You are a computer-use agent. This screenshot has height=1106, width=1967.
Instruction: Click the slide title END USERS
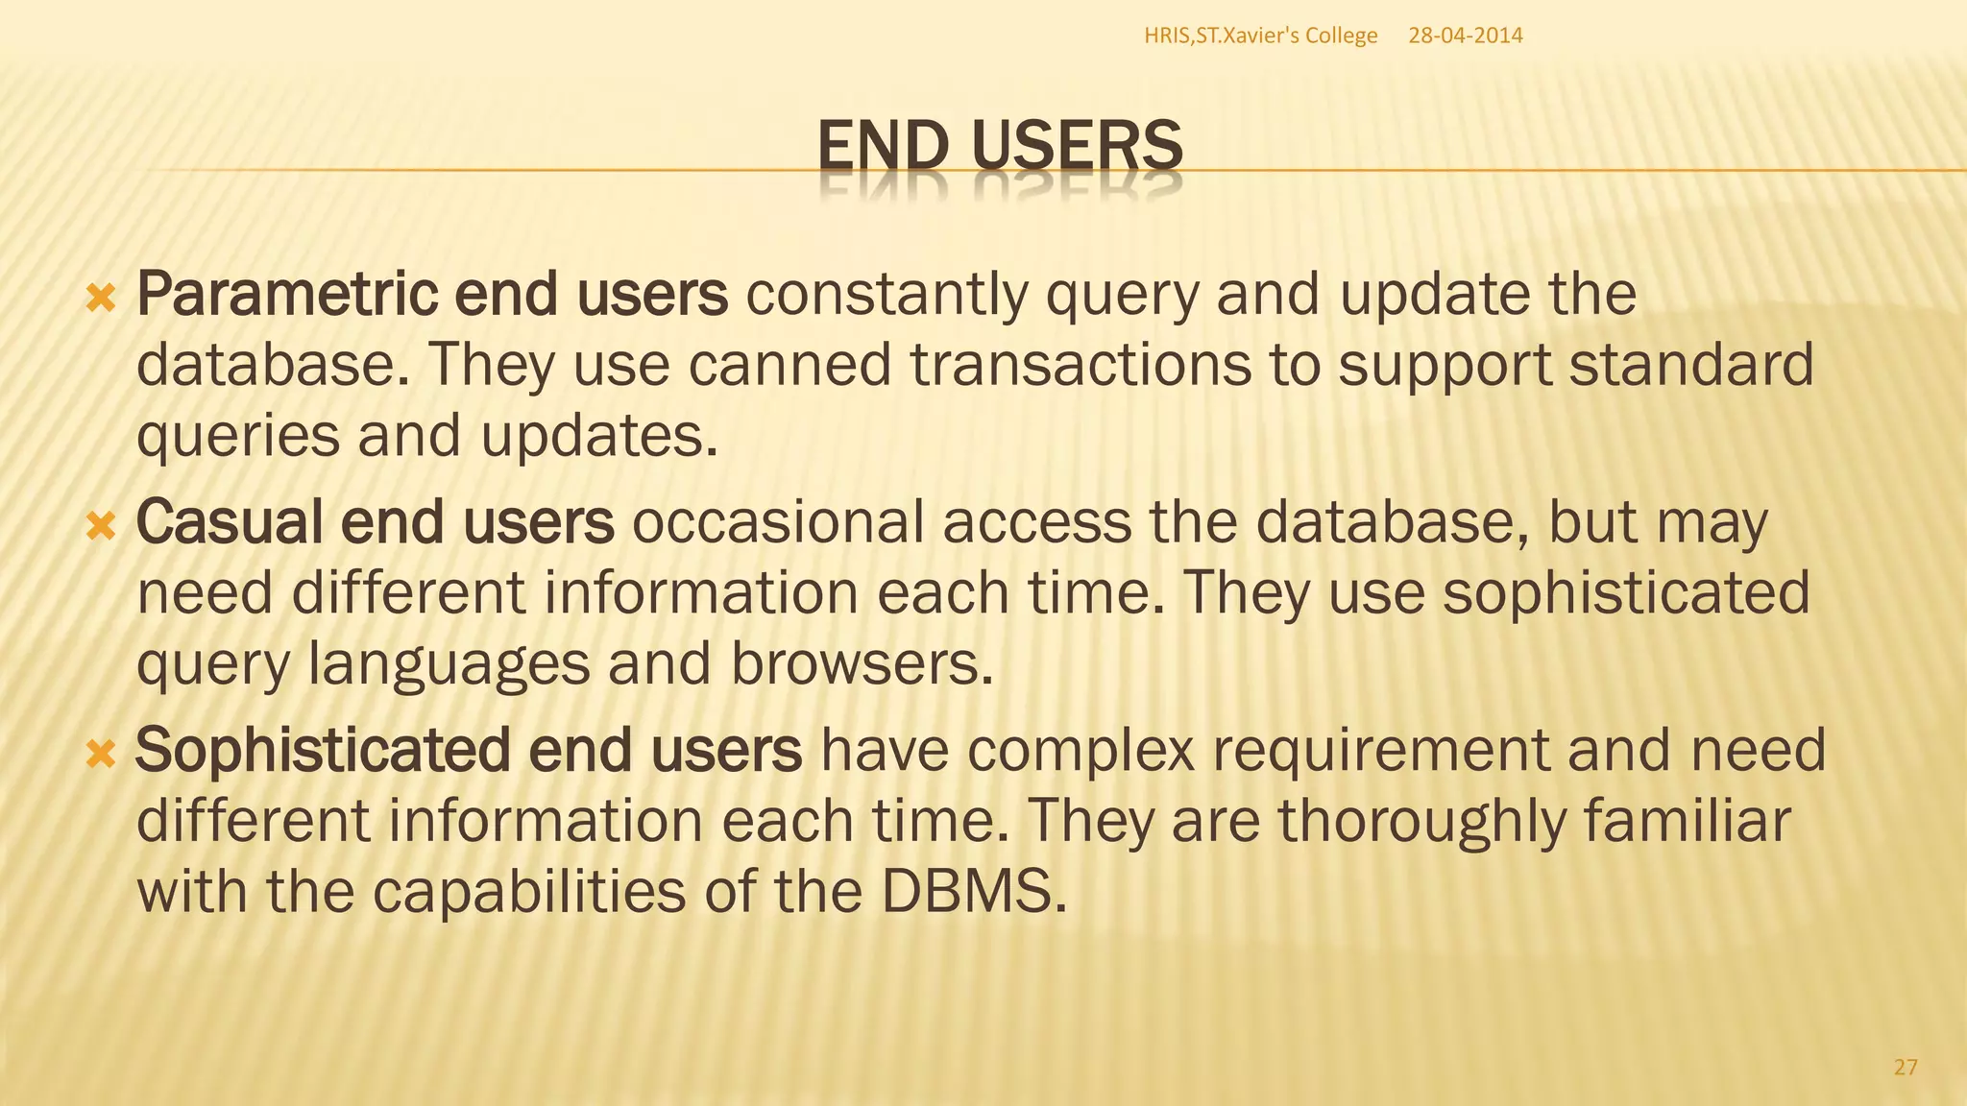click(x=999, y=147)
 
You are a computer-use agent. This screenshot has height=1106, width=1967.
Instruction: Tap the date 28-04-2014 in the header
click(x=1465, y=36)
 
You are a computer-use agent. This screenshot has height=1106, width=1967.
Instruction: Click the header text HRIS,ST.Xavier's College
click(x=1260, y=36)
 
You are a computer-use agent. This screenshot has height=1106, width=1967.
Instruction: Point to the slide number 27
click(x=1906, y=1067)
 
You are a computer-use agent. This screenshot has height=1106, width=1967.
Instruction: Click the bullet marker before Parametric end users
click(x=100, y=299)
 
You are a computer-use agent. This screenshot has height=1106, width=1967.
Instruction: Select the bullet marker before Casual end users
click(x=100, y=525)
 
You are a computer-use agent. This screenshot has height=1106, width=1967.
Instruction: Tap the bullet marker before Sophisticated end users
click(x=100, y=754)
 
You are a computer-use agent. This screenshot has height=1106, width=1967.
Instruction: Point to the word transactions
click(x=1081, y=365)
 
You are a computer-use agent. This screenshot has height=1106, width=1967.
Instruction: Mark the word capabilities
click(x=528, y=891)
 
